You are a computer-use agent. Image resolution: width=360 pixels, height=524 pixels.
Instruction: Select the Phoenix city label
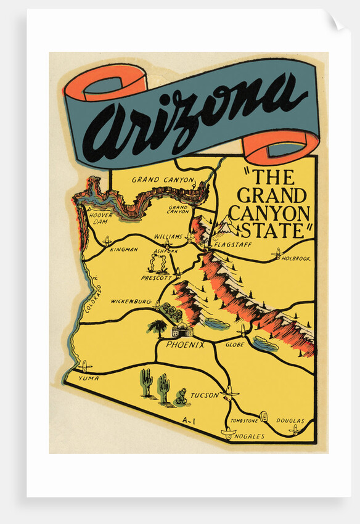point(185,345)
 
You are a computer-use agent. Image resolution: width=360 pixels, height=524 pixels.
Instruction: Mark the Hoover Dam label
point(100,219)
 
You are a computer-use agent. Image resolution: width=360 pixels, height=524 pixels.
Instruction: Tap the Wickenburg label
point(131,301)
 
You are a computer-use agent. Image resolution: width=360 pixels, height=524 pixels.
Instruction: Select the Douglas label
point(290,421)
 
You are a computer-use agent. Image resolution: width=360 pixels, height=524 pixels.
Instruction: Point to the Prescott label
point(155,278)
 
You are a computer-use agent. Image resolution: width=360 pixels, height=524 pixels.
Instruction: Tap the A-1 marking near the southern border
point(189,420)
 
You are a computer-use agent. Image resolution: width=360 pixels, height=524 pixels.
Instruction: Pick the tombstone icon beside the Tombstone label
point(264,417)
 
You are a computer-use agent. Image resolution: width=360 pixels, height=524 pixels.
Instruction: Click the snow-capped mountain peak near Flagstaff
point(224,226)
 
